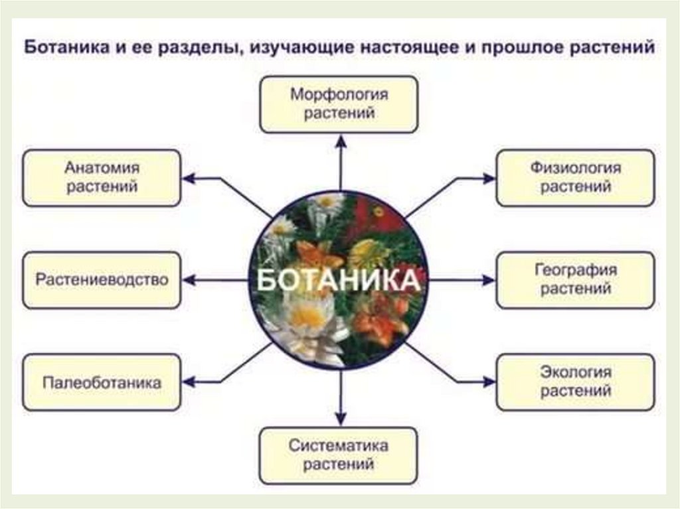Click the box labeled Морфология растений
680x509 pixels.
[339, 104]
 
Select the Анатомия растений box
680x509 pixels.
[102, 177]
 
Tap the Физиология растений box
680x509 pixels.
[575, 177]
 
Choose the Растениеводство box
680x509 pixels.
[102, 279]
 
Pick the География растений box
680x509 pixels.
[575, 279]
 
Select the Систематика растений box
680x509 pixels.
[339, 455]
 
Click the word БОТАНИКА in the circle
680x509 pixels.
[339, 280]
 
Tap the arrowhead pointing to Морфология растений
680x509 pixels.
[341, 140]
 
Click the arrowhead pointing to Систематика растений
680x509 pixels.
[341, 418]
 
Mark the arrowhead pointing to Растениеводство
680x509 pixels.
[189, 281]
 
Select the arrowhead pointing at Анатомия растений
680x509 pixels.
[189, 179]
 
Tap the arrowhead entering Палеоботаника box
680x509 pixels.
[189, 382]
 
